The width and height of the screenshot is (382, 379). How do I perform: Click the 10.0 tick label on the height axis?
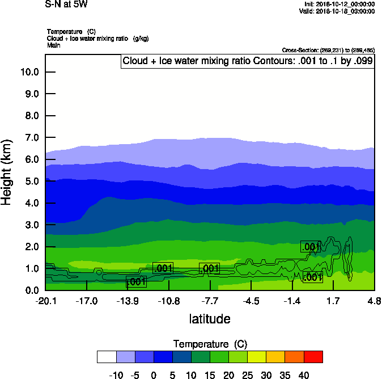pyautogui.click(x=29, y=72)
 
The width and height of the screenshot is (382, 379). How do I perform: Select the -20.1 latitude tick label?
pyautogui.click(x=45, y=301)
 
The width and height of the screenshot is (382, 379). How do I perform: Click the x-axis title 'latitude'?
pyautogui.click(x=210, y=319)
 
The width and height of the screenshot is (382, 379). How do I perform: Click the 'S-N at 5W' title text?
pyautogui.click(x=66, y=4)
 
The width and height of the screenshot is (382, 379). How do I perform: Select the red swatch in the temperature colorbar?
pyautogui.click(x=313, y=356)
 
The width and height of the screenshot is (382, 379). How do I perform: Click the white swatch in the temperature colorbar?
pyautogui.click(x=107, y=356)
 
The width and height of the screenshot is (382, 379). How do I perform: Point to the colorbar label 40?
pyautogui.click(x=304, y=374)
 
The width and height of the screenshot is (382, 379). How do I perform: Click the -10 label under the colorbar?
pyautogui.click(x=116, y=374)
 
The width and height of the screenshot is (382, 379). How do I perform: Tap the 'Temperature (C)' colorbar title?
pyautogui.click(x=210, y=344)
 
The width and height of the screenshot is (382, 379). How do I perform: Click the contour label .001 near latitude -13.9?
pyautogui.click(x=135, y=281)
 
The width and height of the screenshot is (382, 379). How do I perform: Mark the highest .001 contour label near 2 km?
pyautogui.click(x=310, y=247)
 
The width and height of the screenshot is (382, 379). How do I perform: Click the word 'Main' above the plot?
pyautogui.click(x=53, y=44)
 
